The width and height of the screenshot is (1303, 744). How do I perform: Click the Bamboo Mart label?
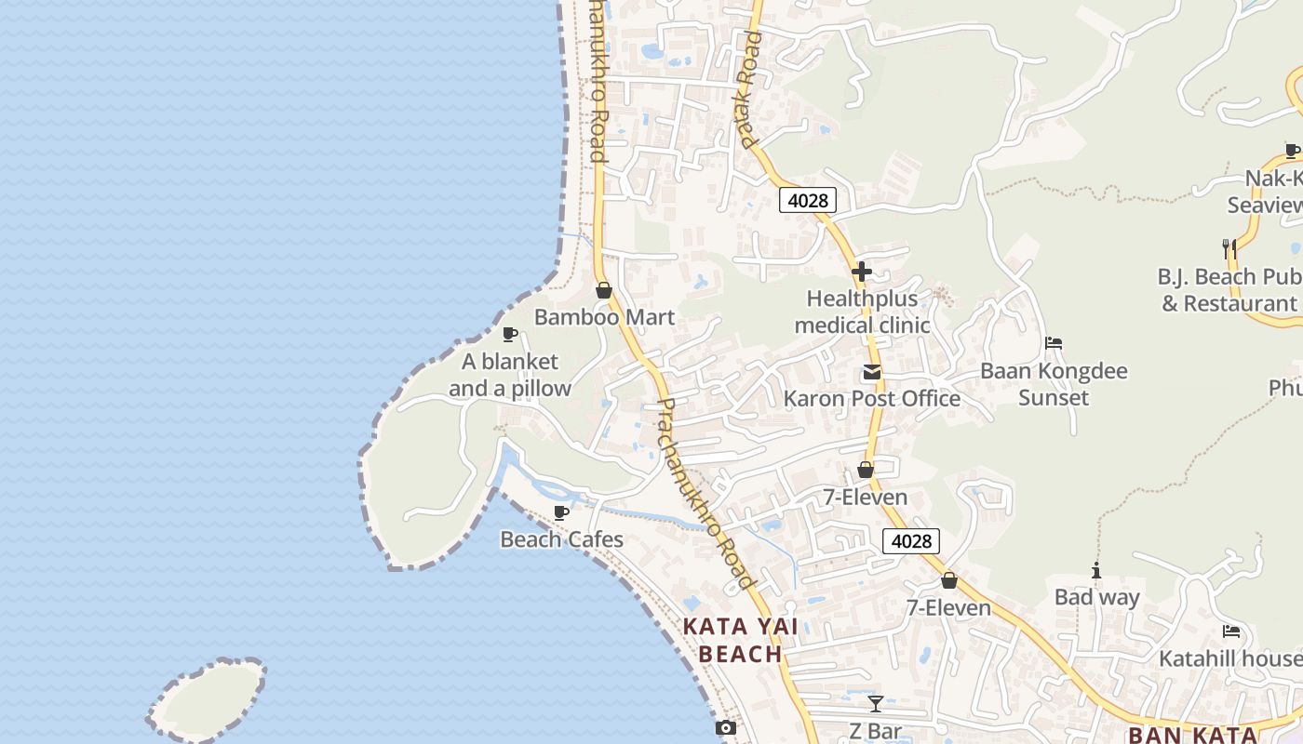pyautogui.click(x=604, y=317)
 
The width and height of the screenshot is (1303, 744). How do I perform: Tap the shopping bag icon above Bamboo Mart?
pyautogui.click(x=603, y=290)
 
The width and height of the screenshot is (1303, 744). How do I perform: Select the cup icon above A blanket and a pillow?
pyautogui.click(x=509, y=334)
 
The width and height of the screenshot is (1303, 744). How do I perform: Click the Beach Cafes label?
pyautogui.click(x=561, y=539)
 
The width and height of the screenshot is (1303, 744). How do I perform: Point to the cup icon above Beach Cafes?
pyautogui.click(x=560, y=512)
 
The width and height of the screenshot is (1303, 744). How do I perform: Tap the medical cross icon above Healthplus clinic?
pyautogui.click(x=862, y=272)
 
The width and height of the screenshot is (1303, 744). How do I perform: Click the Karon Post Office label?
pyautogui.click(x=871, y=399)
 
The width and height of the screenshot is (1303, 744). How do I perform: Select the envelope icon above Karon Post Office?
pyautogui.click(x=871, y=372)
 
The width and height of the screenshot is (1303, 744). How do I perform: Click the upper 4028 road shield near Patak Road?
pyautogui.click(x=807, y=200)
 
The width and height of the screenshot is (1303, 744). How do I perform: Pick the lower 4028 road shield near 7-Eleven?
pyautogui.click(x=911, y=541)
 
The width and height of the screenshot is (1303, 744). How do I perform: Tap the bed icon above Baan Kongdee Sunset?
pyautogui.click(x=1054, y=343)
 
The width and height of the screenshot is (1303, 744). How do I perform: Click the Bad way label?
pyautogui.click(x=1096, y=597)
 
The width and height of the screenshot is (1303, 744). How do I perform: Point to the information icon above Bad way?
pyautogui.click(x=1096, y=570)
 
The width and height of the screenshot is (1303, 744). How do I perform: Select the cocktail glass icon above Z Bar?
pyautogui.click(x=875, y=703)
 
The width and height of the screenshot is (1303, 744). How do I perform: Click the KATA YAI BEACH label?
pyautogui.click(x=740, y=640)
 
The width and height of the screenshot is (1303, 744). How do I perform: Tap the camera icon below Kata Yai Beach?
pyautogui.click(x=725, y=727)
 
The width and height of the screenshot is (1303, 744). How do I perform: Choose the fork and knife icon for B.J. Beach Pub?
pyautogui.click(x=1229, y=248)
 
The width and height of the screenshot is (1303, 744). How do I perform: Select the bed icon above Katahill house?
pyautogui.click(x=1231, y=631)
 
